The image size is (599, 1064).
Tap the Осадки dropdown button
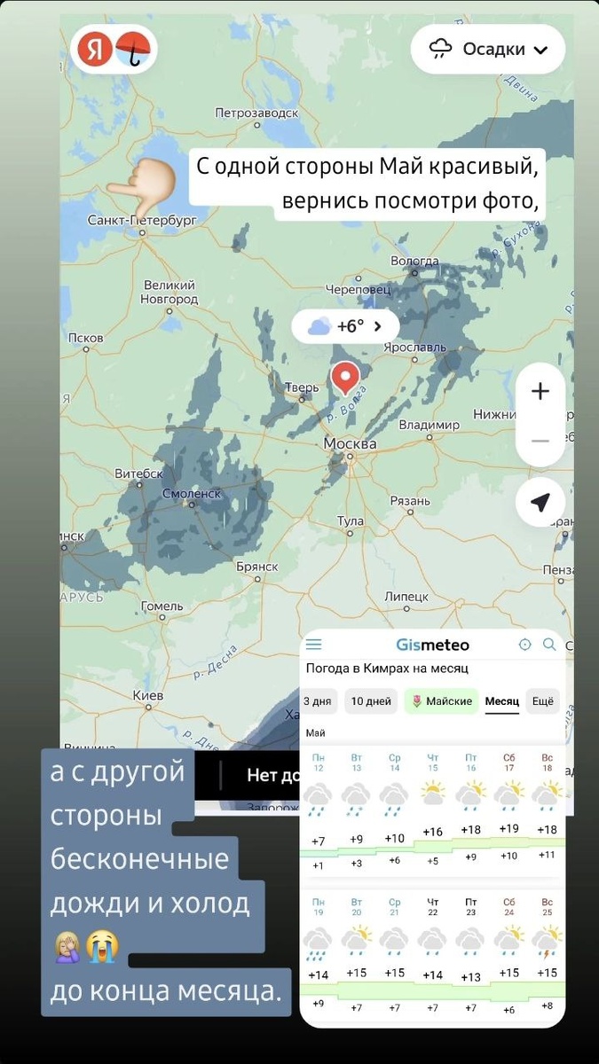tap(488, 49)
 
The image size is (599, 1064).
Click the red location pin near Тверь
tap(346, 379)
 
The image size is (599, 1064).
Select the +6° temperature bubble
tap(345, 326)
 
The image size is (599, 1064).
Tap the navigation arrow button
tap(540, 503)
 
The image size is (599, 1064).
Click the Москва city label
tap(350, 443)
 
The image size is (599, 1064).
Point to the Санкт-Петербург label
tap(142, 219)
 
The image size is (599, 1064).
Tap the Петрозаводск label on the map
tap(257, 113)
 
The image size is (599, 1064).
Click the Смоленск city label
tap(191, 493)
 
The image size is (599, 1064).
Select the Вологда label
tap(414, 261)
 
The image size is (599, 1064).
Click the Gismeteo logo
tap(432, 645)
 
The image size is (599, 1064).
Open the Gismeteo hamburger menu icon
tap(313, 645)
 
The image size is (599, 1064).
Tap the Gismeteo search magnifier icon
tap(549, 645)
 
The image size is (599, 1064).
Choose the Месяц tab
tap(501, 701)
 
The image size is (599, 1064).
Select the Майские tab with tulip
tap(441, 701)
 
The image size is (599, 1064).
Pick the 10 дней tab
tap(370, 701)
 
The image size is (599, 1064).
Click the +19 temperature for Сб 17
tap(508, 828)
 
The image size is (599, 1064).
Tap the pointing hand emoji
tap(141, 180)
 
